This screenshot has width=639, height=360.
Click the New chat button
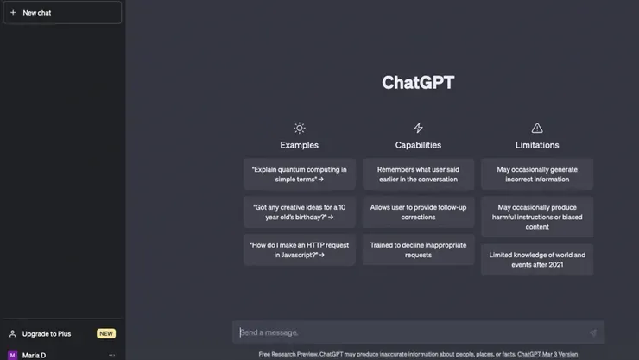click(x=62, y=13)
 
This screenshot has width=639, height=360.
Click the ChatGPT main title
click(x=418, y=83)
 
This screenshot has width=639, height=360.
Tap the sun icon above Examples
click(x=299, y=128)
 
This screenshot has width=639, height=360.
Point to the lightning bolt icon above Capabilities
click(x=418, y=128)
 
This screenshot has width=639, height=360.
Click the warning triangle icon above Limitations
click(x=537, y=128)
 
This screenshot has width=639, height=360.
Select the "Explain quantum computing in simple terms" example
click(x=299, y=174)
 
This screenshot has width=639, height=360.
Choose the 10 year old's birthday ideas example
click(x=299, y=212)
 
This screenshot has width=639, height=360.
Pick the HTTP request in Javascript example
click(x=299, y=250)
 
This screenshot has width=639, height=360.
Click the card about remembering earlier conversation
click(x=418, y=174)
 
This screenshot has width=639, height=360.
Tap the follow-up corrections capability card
click(x=418, y=212)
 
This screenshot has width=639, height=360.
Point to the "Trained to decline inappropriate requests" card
click(x=418, y=250)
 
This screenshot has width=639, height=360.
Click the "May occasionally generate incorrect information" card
click(x=537, y=174)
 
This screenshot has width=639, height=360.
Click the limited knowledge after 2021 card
click(x=537, y=260)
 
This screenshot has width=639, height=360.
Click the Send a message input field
click(x=406, y=332)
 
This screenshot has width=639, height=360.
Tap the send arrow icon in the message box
click(x=592, y=332)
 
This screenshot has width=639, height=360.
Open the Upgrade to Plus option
click(x=47, y=333)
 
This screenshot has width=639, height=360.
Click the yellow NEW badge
click(x=106, y=333)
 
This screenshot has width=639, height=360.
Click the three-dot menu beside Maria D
click(x=111, y=355)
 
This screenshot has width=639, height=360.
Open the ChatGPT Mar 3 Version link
click(x=547, y=354)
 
